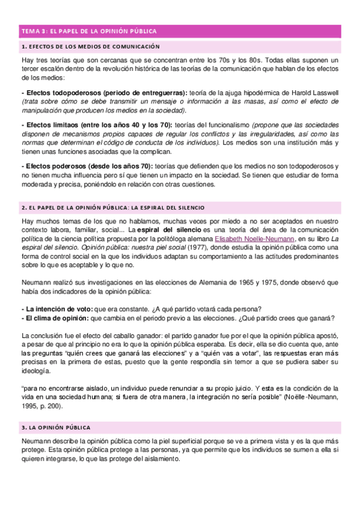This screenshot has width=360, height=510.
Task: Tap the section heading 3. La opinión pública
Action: coord(55,428)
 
